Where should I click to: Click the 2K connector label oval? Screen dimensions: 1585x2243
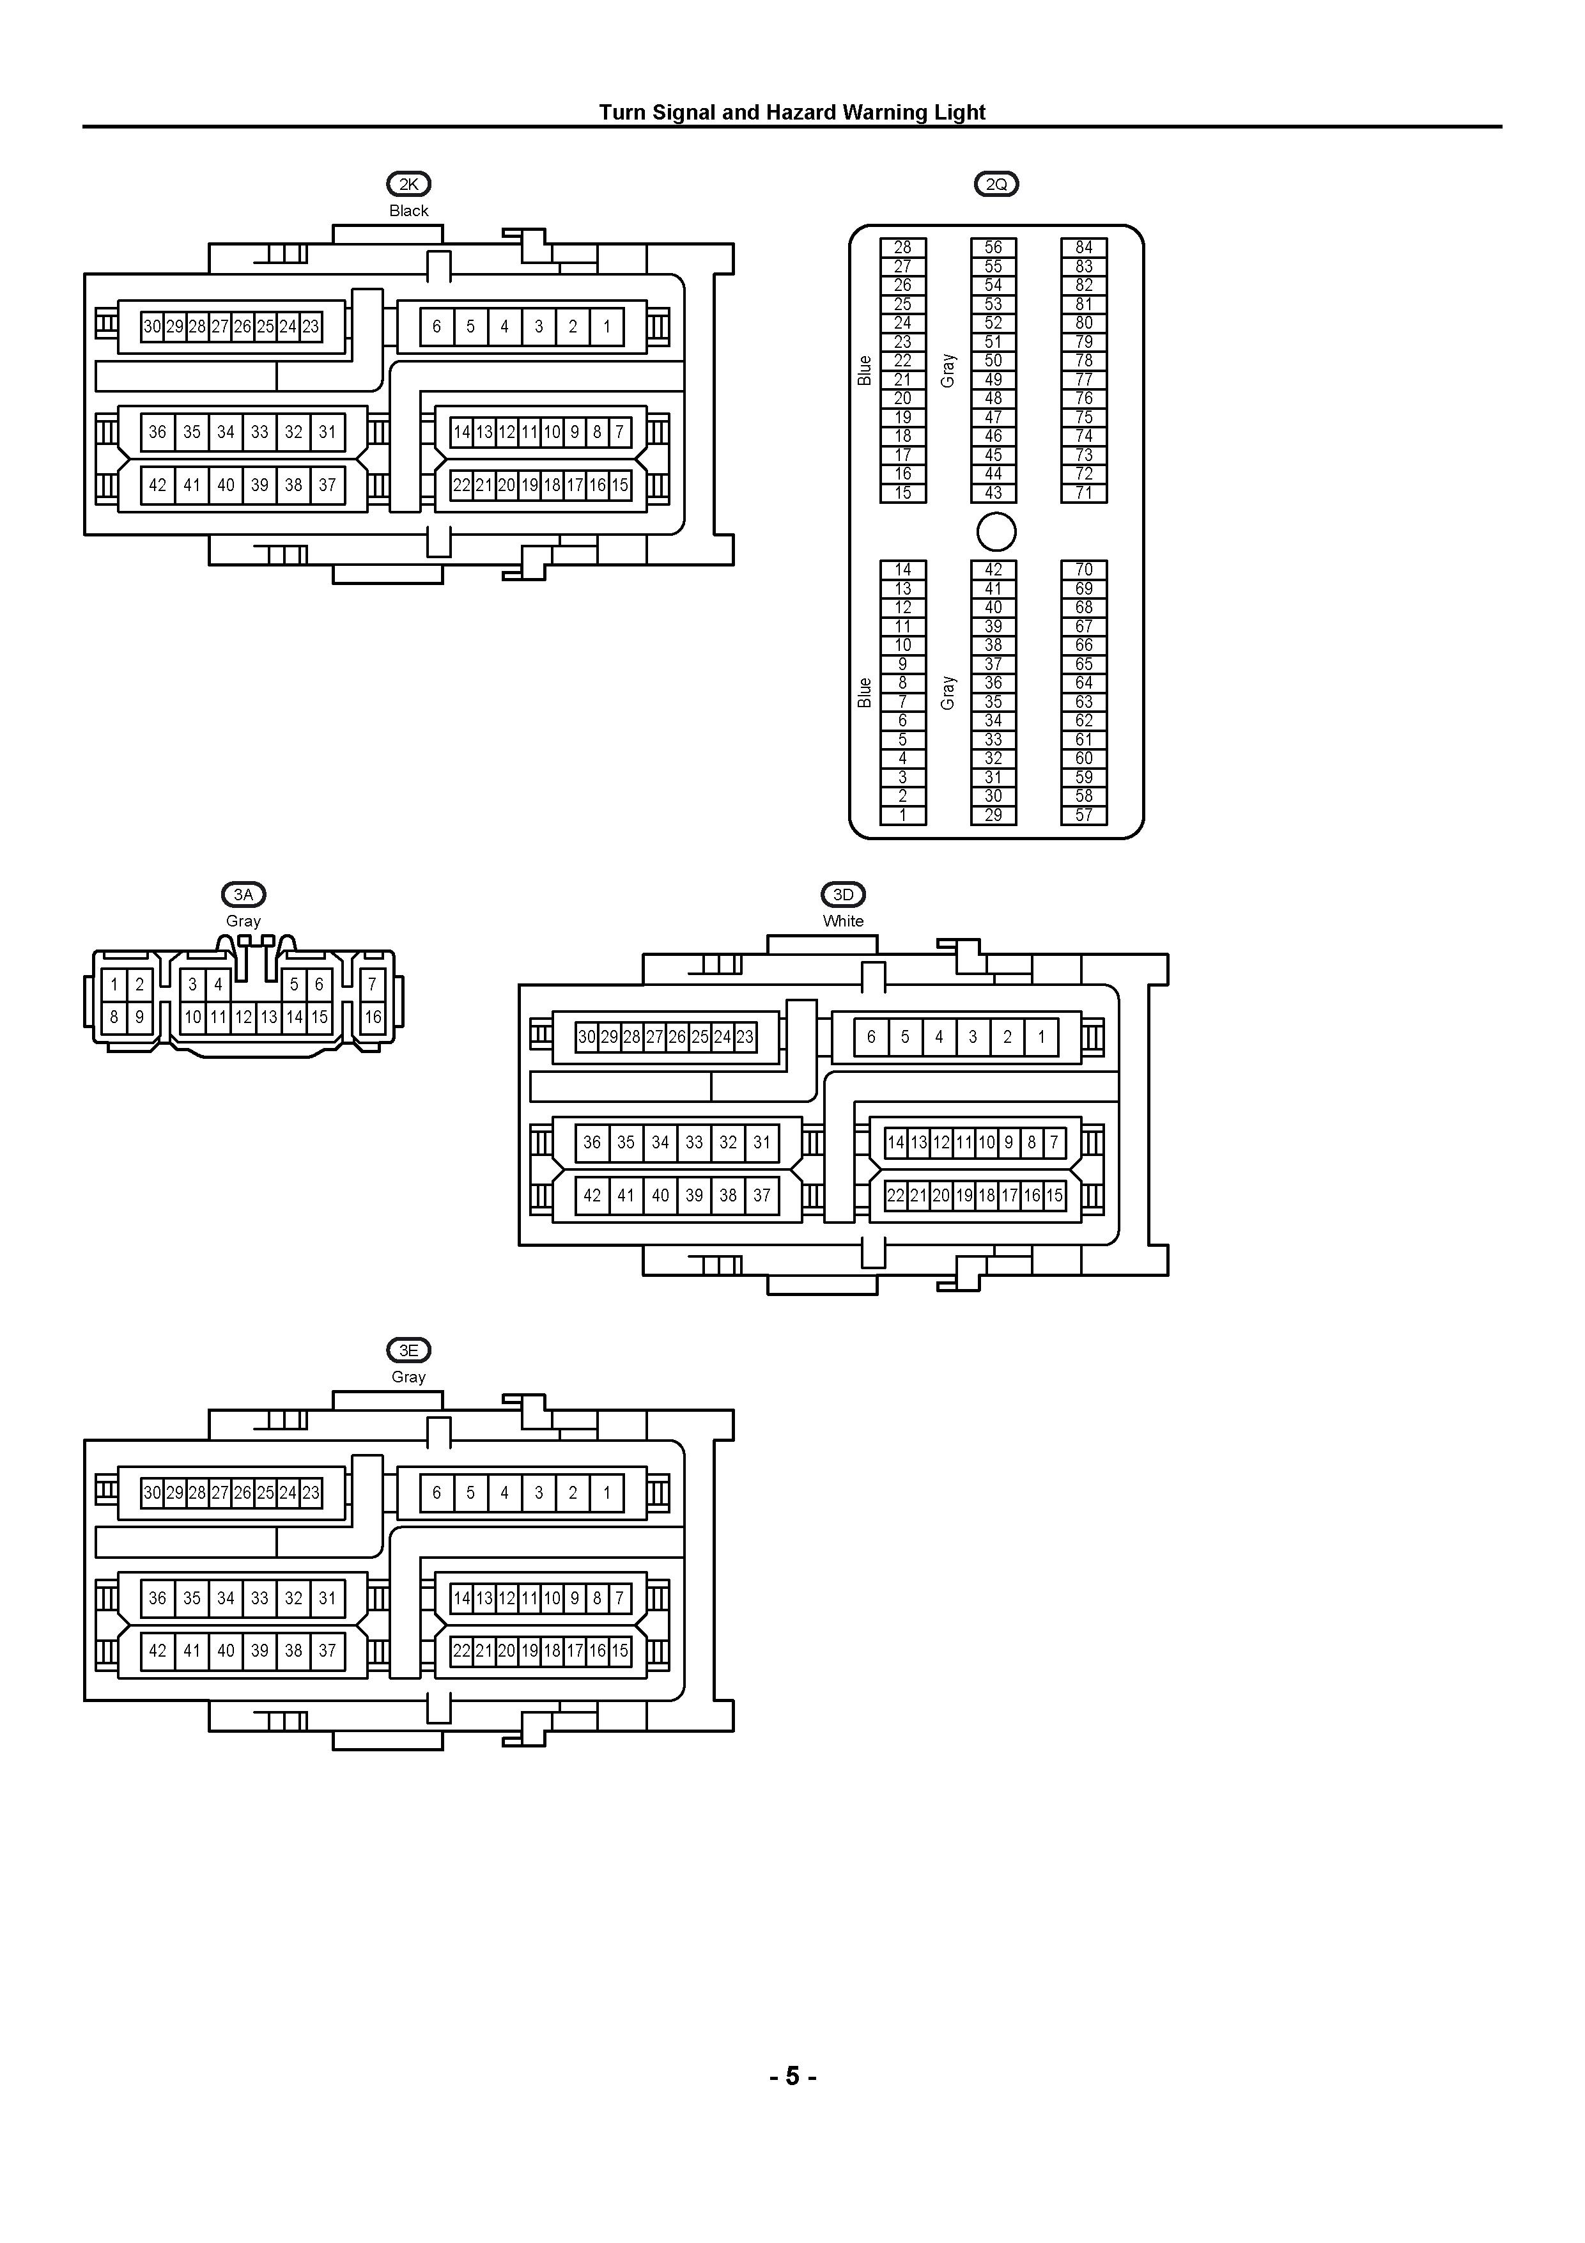[x=408, y=184]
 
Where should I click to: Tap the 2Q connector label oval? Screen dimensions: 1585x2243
[x=996, y=184]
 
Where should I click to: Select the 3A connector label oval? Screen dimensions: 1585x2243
[x=243, y=894]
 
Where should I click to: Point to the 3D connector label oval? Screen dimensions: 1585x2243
[x=843, y=894]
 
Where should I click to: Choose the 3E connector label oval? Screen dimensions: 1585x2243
[x=408, y=1350]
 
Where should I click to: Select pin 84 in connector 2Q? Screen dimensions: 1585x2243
[x=1084, y=247]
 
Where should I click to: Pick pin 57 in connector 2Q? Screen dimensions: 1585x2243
[x=1084, y=815]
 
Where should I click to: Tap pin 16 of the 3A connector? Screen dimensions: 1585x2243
[x=372, y=1017]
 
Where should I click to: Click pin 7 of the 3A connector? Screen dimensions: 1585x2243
[x=372, y=985]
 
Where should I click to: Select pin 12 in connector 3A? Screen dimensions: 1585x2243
[x=243, y=1017]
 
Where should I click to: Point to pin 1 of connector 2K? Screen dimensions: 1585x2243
[x=607, y=326]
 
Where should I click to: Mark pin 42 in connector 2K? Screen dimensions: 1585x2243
[x=157, y=485]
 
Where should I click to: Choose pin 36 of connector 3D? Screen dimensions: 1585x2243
[x=592, y=1142]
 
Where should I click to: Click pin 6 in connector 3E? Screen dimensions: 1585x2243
[x=437, y=1493]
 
